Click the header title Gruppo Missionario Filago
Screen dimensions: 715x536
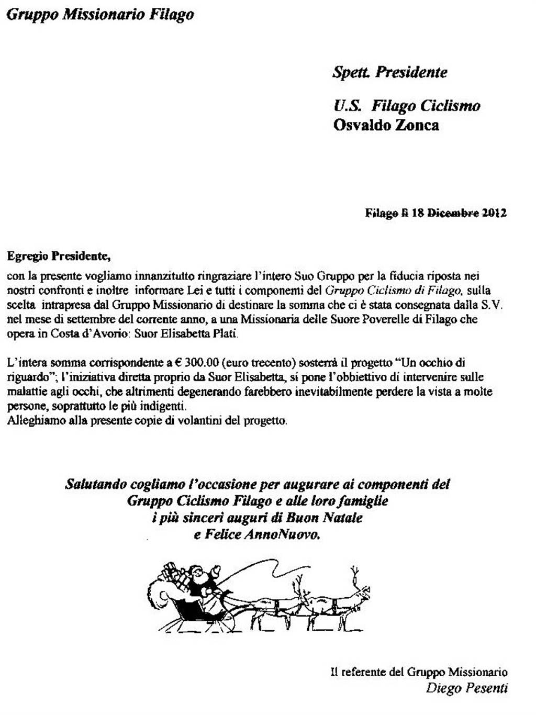tap(100, 15)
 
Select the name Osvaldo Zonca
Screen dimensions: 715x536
tap(386, 125)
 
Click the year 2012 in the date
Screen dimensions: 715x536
tap(494, 213)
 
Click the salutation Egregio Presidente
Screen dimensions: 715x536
tap(59, 256)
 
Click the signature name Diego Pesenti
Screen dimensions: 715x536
tap(466, 688)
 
